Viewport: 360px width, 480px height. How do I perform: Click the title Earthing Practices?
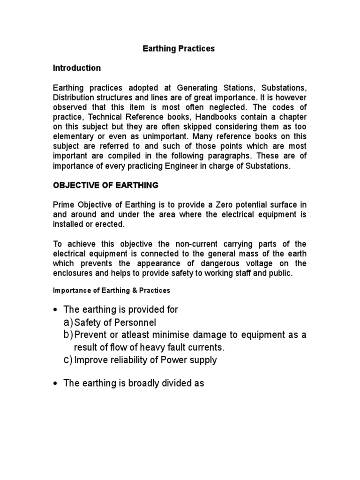[x=178, y=49]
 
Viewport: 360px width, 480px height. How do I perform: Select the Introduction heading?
[x=76, y=68]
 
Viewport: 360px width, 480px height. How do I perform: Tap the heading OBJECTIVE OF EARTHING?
[x=105, y=185]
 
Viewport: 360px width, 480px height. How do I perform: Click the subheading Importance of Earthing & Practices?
[x=111, y=291]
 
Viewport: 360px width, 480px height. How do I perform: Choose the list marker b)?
[x=68, y=335]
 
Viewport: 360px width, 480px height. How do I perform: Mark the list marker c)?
[x=68, y=360]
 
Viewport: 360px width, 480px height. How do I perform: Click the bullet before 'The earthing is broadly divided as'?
[x=56, y=384]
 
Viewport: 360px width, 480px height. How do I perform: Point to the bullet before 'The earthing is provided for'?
[x=56, y=310]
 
